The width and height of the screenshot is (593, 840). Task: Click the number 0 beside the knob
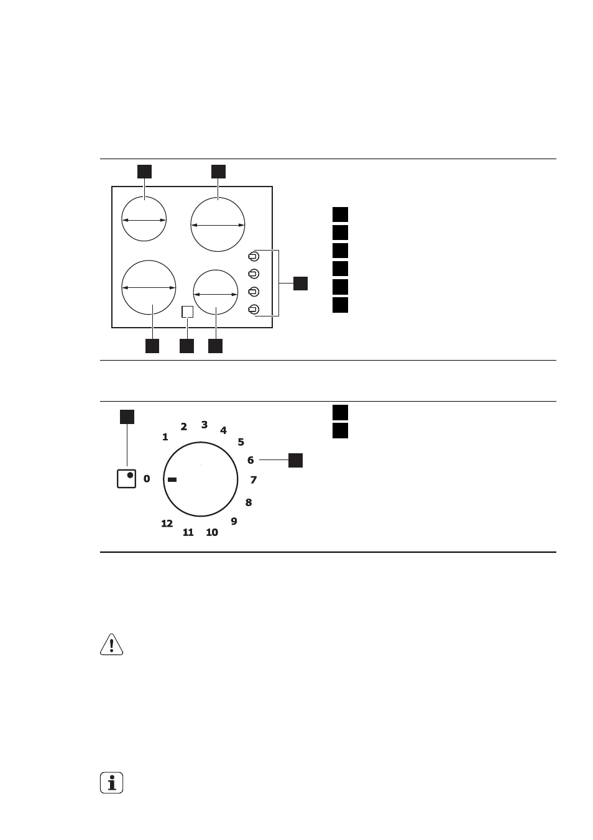[x=147, y=479]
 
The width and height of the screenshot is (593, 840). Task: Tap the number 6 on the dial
[x=251, y=460]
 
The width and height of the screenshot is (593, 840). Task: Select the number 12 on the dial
[x=167, y=524]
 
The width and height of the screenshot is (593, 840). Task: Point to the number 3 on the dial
[x=205, y=425]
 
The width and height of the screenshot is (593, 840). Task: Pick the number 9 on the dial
[x=234, y=521]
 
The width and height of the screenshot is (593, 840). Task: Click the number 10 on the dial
[x=212, y=532]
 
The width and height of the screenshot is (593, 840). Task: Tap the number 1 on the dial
[x=165, y=437]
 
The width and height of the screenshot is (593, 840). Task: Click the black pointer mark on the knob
[x=172, y=479]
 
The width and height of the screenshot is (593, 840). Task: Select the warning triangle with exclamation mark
[x=112, y=645]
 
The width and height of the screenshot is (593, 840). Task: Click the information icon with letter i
[x=112, y=783]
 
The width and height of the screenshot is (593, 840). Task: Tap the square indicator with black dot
[x=126, y=479]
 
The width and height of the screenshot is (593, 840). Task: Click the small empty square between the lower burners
[x=188, y=312]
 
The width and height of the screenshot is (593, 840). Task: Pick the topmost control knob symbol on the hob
[x=254, y=257]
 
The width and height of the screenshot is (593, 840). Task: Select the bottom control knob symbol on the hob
[x=254, y=310]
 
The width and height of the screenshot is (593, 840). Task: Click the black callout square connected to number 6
[x=295, y=461]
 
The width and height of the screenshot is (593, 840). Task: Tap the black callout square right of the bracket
[x=300, y=284]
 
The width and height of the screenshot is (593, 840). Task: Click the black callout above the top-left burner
[x=144, y=172]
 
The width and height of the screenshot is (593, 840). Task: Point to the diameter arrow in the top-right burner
[x=218, y=225]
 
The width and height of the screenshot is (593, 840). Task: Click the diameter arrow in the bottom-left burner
[x=149, y=288]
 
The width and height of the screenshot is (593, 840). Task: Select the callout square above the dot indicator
[x=127, y=417]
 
